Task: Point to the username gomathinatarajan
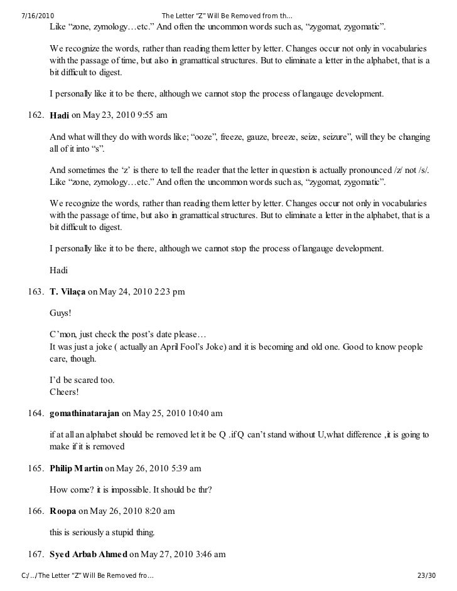point(84,414)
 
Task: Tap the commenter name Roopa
point(63,511)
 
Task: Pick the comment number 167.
point(34,554)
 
